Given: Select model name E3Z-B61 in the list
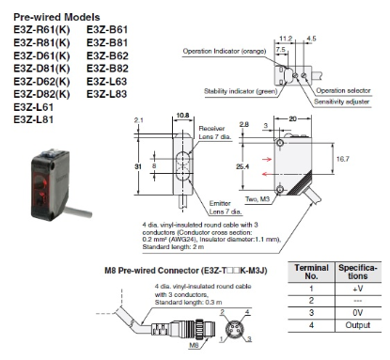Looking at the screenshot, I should [x=107, y=30].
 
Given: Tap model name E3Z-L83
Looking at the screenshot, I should [x=107, y=95].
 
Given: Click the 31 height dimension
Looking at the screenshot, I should [x=137, y=167].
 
